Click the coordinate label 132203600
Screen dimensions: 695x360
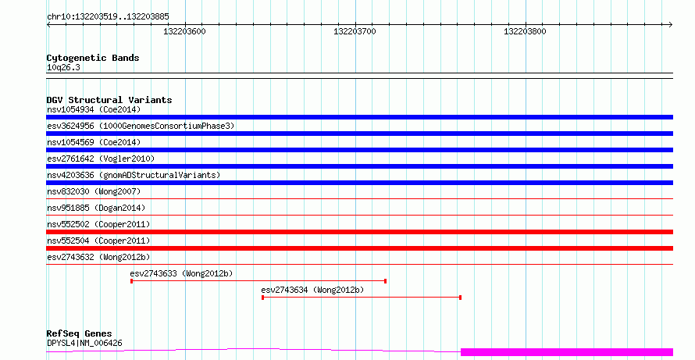[184, 31]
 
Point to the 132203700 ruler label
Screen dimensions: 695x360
[355, 31]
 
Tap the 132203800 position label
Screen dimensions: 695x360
[525, 31]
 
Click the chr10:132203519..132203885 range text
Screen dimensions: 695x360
[108, 17]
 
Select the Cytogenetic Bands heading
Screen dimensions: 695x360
[93, 58]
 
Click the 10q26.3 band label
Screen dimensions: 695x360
[63, 68]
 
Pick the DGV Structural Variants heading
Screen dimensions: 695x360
[109, 100]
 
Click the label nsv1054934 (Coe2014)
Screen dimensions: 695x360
[94, 109]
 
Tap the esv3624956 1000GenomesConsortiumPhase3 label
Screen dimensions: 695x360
[141, 126]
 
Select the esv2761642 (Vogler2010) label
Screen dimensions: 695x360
[101, 159]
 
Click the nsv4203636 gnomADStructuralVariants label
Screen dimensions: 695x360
[134, 175]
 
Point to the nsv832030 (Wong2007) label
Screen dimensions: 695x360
[94, 191]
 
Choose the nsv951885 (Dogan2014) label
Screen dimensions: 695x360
[96, 208]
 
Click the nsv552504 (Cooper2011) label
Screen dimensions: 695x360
[98, 241]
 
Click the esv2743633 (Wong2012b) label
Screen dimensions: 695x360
[181, 273]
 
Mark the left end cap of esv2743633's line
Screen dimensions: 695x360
[132, 281]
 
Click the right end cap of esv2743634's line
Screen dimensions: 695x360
[461, 298]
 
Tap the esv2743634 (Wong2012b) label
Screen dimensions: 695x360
[312, 290]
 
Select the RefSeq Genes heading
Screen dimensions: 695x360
[79, 333]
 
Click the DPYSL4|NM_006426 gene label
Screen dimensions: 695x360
[84, 343]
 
